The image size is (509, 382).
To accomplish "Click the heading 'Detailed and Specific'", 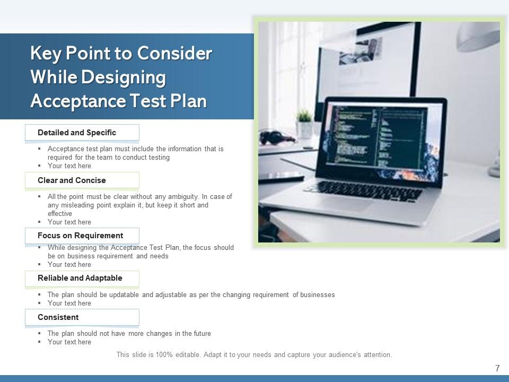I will (77, 133).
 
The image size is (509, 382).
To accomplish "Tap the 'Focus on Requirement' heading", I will (80, 236).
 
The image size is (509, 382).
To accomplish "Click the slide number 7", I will (497, 368).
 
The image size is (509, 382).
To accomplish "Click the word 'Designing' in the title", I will (123, 77).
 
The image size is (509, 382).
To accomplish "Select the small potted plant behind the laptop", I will (304, 122).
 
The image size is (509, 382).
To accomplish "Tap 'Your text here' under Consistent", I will (69, 342).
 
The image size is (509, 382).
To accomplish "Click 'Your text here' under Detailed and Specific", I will (69, 166).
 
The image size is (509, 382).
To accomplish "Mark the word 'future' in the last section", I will (200, 334).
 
